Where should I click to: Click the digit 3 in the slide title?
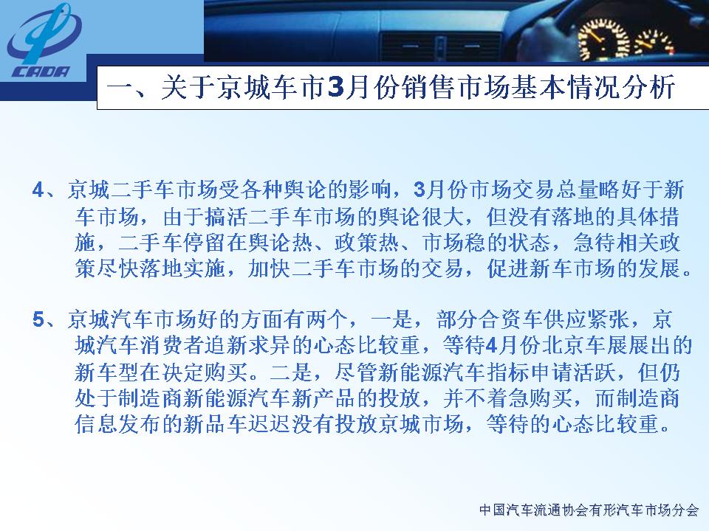pos(337,88)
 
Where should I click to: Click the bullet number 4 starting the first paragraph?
pos(38,190)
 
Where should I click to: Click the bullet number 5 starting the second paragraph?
pos(38,319)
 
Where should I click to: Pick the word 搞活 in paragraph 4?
pos(227,217)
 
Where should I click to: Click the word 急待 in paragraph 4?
pos(595,243)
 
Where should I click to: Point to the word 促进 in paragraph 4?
pos(508,269)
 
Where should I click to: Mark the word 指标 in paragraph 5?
pos(508,372)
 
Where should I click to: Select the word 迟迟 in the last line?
pos(270,425)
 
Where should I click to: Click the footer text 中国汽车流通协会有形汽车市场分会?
pos(589,510)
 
